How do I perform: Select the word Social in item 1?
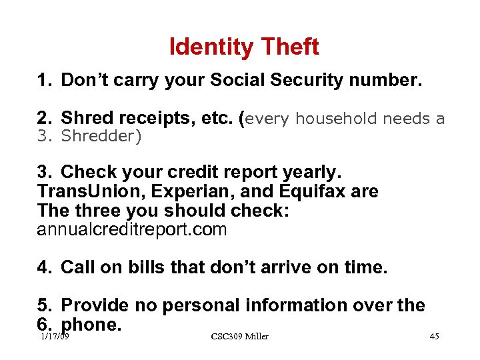[x=241, y=81]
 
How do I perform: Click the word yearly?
[x=312, y=173]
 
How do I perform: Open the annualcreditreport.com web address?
[x=132, y=230]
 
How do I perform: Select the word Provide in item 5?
[x=95, y=305]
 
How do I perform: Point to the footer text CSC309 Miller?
[x=239, y=337]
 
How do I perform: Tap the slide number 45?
[x=434, y=337]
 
